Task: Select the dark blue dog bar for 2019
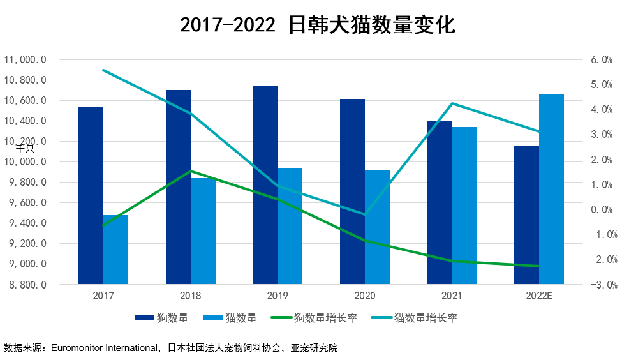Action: pyautogui.click(x=265, y=184)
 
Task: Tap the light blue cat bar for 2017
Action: pyautogui.click(x=115, y=250)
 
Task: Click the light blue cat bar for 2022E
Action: pyautogui.click(x=551, y=189)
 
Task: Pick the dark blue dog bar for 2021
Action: pyautogui.click(x=439, y=202)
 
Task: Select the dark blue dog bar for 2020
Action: pyautogui.click(x=352, y=191)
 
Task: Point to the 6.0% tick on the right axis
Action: pyautogui.click(x=602, y=60)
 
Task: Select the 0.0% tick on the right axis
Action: pyautogui.click(x=602, y=210)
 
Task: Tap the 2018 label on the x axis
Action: pyautogui.click(x=191, y=296)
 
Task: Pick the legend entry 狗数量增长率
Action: pyautogui.click(x=325, y=318)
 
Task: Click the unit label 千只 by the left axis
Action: pyautogui.click(x=25, y=148)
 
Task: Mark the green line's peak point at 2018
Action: pyautogui.click(x=191, y=171)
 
